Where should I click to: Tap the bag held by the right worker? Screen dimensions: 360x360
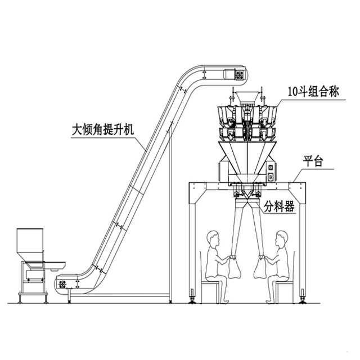pyautogui.click(x=260, y=268)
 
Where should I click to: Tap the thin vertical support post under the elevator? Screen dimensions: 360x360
pyautogui.click(x=168, y=225)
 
